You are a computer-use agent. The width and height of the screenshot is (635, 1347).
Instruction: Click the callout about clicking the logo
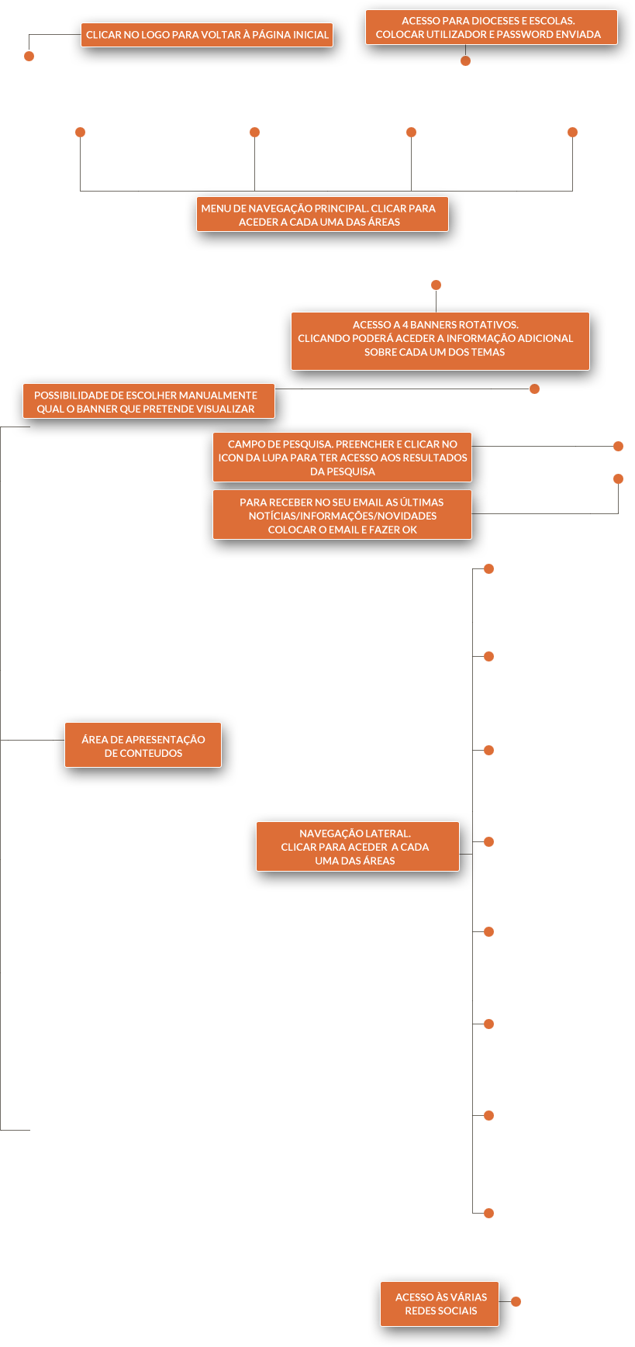point(207,35)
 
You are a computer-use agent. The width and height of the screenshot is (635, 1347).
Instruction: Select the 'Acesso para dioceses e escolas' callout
point(492,27)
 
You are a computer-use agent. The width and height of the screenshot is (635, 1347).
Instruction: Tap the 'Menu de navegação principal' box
point(323,214)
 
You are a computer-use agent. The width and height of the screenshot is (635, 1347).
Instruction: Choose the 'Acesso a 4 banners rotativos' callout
point(440,341)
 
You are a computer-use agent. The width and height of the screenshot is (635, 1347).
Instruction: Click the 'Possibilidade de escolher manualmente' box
point(149,401)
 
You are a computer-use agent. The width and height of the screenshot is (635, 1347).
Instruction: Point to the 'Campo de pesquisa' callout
point(342,458)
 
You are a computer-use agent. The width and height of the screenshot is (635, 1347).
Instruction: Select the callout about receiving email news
point(342,514)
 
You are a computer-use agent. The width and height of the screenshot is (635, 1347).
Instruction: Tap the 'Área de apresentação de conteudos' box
point(143,745)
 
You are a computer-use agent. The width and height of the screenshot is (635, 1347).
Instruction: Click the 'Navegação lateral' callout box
point(357,846)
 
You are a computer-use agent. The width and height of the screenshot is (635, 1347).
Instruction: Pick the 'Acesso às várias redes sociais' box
point(440,1304)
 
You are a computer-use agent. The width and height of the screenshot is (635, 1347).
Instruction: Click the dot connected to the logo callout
point(29,56)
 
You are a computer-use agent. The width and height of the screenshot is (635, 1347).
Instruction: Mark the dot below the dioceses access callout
point(465,60)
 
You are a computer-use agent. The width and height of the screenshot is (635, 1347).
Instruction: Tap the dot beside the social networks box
point(516,1301)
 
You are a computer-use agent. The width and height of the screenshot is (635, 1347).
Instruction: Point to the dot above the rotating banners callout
point(436,285)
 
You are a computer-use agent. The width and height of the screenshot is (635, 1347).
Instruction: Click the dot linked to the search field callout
point(618,446)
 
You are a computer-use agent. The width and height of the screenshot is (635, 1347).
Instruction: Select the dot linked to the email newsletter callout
point(618,478)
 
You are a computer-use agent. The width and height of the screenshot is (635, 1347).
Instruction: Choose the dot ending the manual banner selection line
point(534,389)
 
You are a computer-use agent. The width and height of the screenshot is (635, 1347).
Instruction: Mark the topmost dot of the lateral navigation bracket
point(488,568)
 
